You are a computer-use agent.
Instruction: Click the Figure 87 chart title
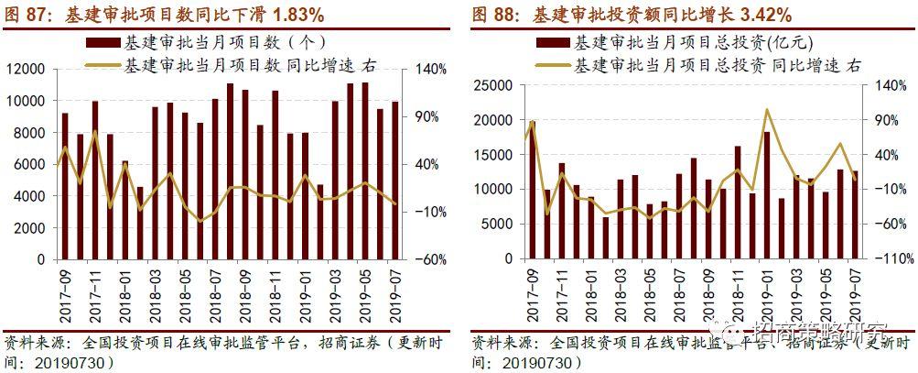(x=165, y=15)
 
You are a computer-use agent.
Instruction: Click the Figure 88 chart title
(x=632, y=15)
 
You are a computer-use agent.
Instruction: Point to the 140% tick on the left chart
(x=429, y=70)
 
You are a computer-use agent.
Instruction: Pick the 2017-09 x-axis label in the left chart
(x=65, y=291)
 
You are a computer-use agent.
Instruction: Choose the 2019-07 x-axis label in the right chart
(x=856, y=291)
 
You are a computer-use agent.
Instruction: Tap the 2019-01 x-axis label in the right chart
(x=766, y=291)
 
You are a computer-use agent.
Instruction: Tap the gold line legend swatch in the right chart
(x=552, y=65)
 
